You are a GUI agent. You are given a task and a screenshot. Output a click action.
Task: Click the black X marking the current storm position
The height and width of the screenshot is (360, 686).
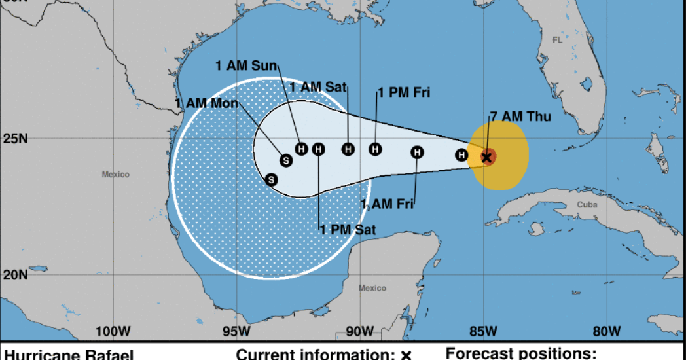pyautogui.click(x=486, y=157)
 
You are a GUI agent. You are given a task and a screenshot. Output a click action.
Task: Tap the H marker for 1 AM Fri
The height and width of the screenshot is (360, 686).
pyautogui.click(x=417, y=153)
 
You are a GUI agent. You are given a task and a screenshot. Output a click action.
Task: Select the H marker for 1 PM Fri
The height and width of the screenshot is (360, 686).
pyautogui.click(x=375, y=149)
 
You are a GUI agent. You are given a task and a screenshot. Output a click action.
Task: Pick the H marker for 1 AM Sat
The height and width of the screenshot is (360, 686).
pyautogui.click(x=348, y=149)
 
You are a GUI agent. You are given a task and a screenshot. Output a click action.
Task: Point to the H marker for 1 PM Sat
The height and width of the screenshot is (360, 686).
pyautogui.click(x=318, y=149)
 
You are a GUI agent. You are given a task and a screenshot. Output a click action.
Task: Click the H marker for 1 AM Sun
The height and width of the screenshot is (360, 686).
pyautogui.click(x=301, y=149)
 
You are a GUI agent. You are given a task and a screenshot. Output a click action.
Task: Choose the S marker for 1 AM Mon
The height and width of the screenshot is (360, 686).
pyautogui.click(x=285, y=160)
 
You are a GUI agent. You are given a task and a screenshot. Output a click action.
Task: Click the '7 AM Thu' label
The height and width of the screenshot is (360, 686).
pyautogui.click(x=520, y=117)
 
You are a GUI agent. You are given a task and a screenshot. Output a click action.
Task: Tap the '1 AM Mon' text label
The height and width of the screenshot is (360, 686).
pyautogui.click(x=207, y=103)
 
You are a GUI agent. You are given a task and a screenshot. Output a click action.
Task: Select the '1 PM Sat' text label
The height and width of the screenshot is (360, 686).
pyautogui.click(x=348, y=229)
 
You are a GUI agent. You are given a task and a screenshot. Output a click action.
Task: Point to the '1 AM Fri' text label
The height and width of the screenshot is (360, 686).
pyautogui.click(x=388, y=204)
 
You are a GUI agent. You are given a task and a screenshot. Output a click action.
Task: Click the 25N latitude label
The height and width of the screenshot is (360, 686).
pyautogui.click(x=14, y=139)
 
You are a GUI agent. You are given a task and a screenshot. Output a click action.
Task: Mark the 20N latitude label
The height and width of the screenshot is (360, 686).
pyautogui.click(x=14, y=274)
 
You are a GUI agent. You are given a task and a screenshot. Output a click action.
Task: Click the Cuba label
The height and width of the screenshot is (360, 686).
pyautogui.click(x=587, y=204)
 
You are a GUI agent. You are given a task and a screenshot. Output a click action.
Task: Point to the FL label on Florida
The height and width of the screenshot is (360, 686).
pyautogui.click(x=557, y=40)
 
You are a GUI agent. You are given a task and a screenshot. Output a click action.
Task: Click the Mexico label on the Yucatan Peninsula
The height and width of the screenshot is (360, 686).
pyautogui.click(x=372, y=288)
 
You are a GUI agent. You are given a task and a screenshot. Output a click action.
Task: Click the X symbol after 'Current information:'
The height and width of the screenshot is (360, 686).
pyautogui.click(x=406, y=355)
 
